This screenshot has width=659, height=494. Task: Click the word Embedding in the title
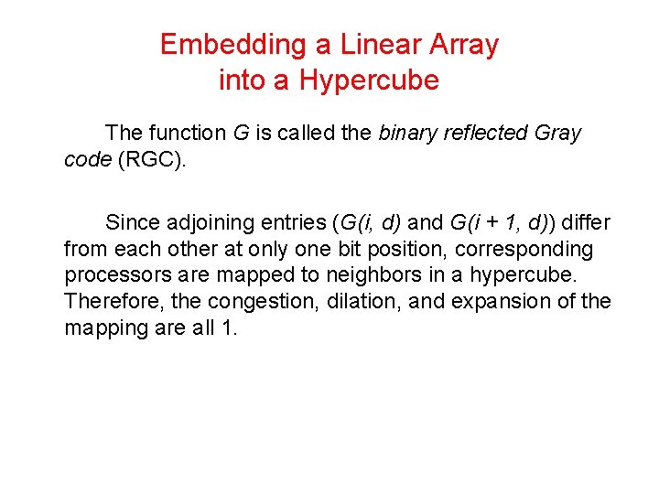coord(219,45)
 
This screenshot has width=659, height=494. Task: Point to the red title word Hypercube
coord(369,81)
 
